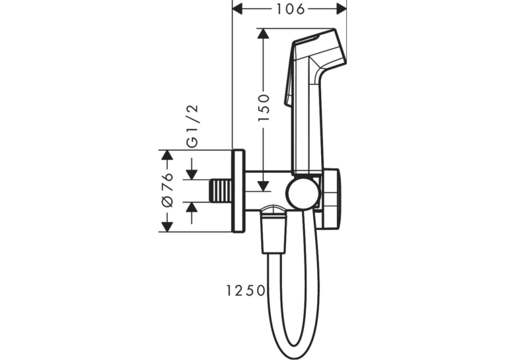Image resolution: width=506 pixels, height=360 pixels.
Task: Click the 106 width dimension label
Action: click(291, 9)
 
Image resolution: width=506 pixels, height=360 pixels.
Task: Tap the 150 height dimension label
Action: click(264, 108)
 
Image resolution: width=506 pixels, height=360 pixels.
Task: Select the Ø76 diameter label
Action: click(167, 190)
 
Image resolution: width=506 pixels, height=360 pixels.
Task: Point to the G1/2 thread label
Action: click(193, 126)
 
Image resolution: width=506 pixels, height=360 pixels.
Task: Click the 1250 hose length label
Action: click(245, 291)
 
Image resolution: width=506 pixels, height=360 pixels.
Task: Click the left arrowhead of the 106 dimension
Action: click(237, 9)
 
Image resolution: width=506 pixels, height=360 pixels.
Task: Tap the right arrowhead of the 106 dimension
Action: click(342, 9)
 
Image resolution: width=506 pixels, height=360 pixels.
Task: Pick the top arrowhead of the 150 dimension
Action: click(264, 34)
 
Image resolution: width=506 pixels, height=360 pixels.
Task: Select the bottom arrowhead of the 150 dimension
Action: click(264, 186)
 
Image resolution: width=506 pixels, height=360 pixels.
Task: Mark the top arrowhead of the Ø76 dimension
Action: click(166, 155)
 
